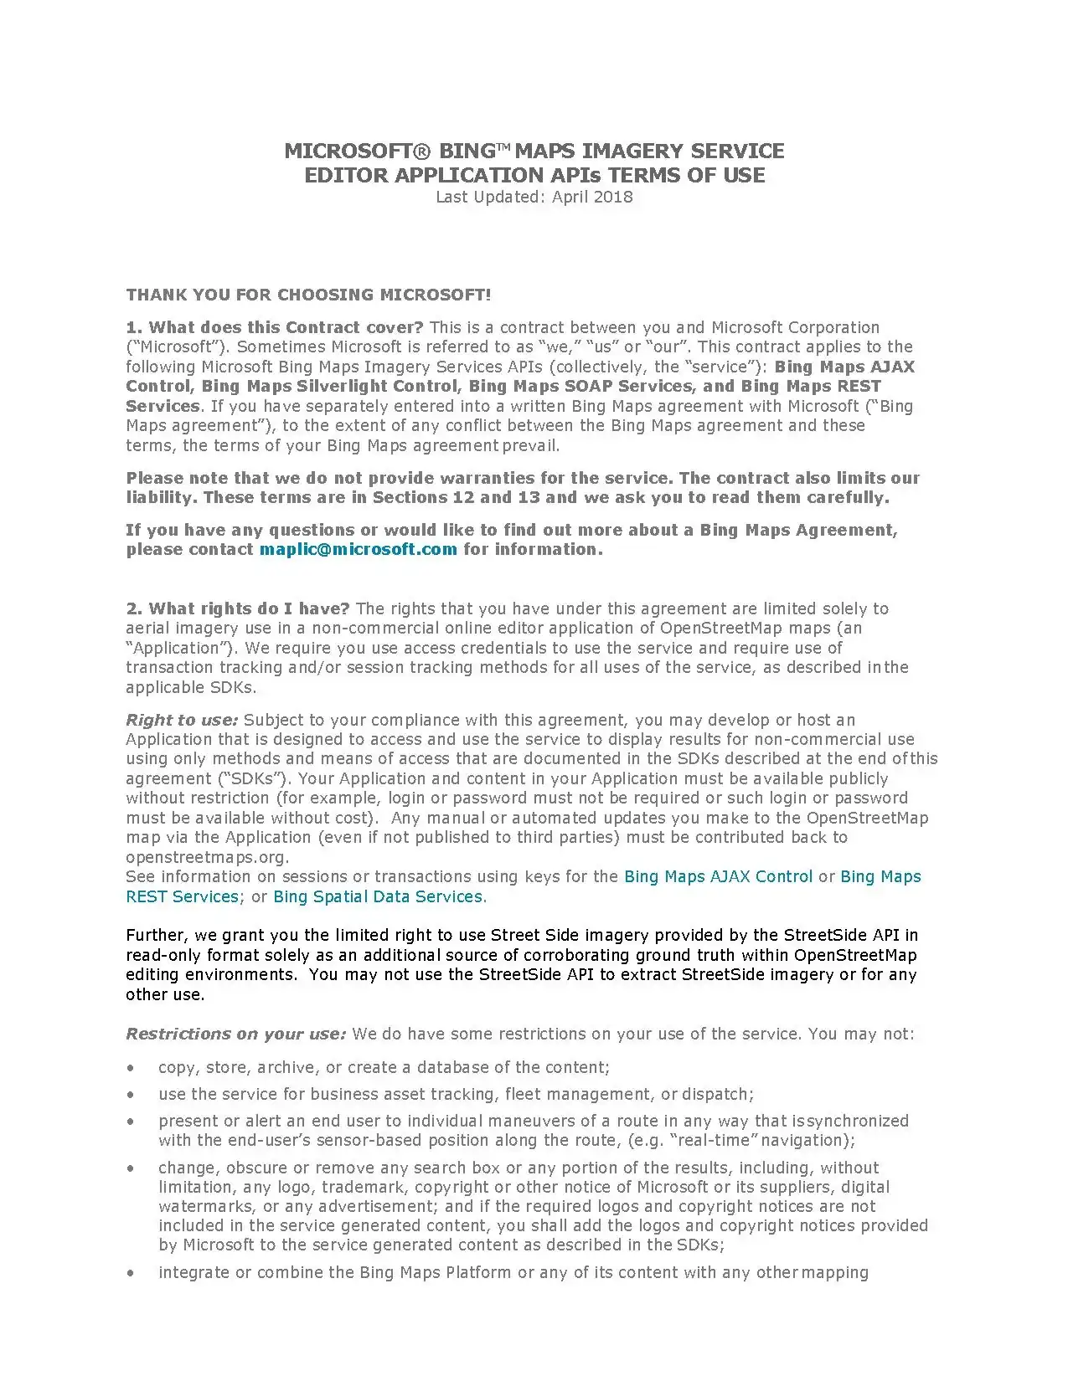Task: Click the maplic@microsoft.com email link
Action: click(358, 550)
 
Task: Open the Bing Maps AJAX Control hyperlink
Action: click(718, 876)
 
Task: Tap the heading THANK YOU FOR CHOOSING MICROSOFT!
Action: click(308, 295)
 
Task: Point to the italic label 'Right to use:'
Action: click(182, 720)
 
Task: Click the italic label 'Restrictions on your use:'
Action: click(235, 1034)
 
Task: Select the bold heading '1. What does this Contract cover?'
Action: click(275, 327)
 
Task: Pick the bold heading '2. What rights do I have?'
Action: click(238, 608)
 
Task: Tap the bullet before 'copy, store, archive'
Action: click(130, 1068)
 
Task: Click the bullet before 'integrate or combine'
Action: click(130, 1273)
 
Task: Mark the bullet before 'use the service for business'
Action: click(130, 1095)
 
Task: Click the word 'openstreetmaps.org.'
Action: click(207, 857)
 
